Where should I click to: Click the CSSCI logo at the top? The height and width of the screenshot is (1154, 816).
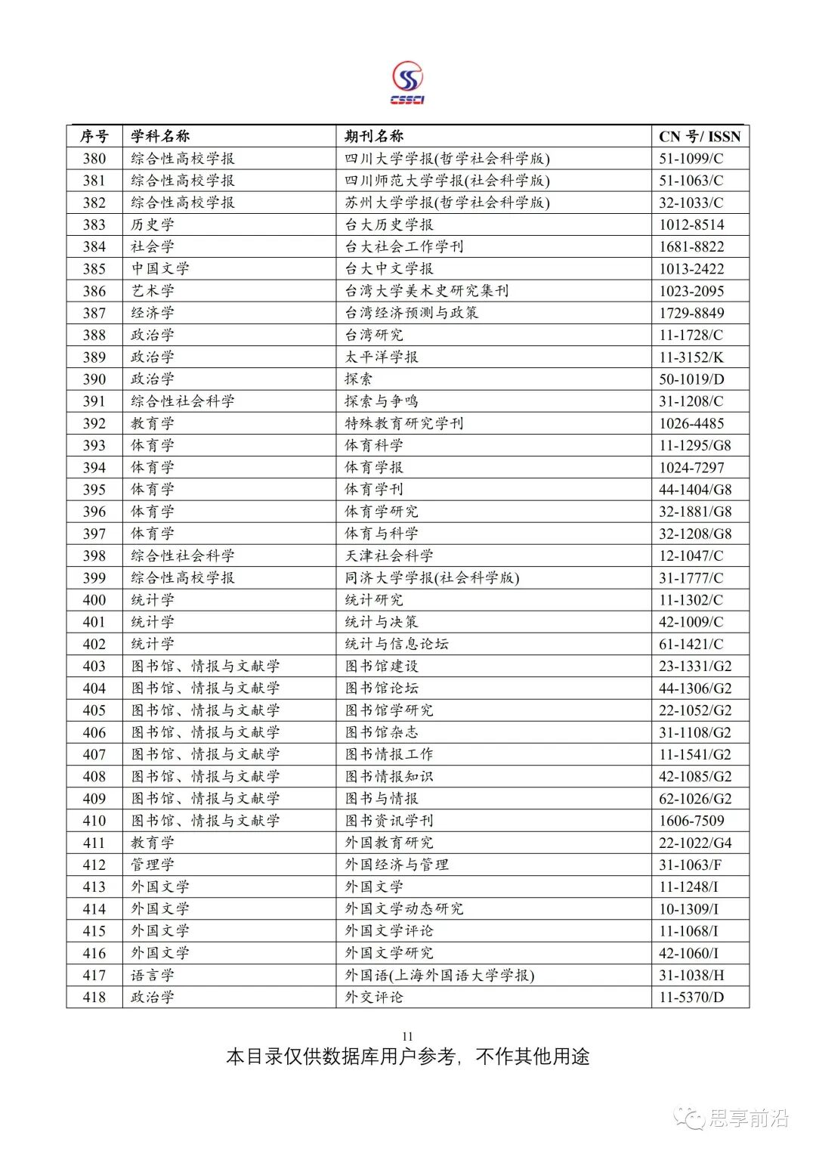(x=407, y=83)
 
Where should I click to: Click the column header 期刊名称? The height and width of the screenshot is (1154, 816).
(x=374, y=136)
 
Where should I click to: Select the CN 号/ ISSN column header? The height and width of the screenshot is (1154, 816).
(x=700, y=136)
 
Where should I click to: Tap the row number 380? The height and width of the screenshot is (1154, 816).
(x=94, y=158)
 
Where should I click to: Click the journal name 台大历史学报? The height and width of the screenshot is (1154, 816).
(x=389, y=224)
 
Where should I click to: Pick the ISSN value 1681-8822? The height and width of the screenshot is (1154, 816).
(x=691, y=246)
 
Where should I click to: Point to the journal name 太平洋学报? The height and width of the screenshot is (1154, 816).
(x=382, y=357)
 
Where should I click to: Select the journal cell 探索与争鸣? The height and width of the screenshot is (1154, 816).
(x=382, y=401)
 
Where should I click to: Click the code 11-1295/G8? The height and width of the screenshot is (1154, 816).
(x=695, y=445)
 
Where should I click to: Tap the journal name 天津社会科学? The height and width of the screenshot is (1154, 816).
(x=389, y=555)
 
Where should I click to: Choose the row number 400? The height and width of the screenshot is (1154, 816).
(x=94, y=600)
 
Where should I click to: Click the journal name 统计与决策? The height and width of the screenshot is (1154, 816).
(x=382, y=622)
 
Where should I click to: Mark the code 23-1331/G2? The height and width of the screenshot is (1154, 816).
(x=695, y=666)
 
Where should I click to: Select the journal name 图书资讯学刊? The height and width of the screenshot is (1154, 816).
(x=389, y=821)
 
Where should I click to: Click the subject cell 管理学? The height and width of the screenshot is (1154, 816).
(x=153, y=865)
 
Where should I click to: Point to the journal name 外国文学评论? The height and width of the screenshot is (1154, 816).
(x=389, y=931)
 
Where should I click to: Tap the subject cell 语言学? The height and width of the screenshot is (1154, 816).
(x=153, y=975)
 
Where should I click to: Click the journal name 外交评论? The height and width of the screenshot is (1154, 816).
(x=374, y=997)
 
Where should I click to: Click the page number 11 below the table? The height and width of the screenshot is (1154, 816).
(x=408, y=1036)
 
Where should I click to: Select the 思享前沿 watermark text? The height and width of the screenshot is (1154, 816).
(x=748, y=1118)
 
